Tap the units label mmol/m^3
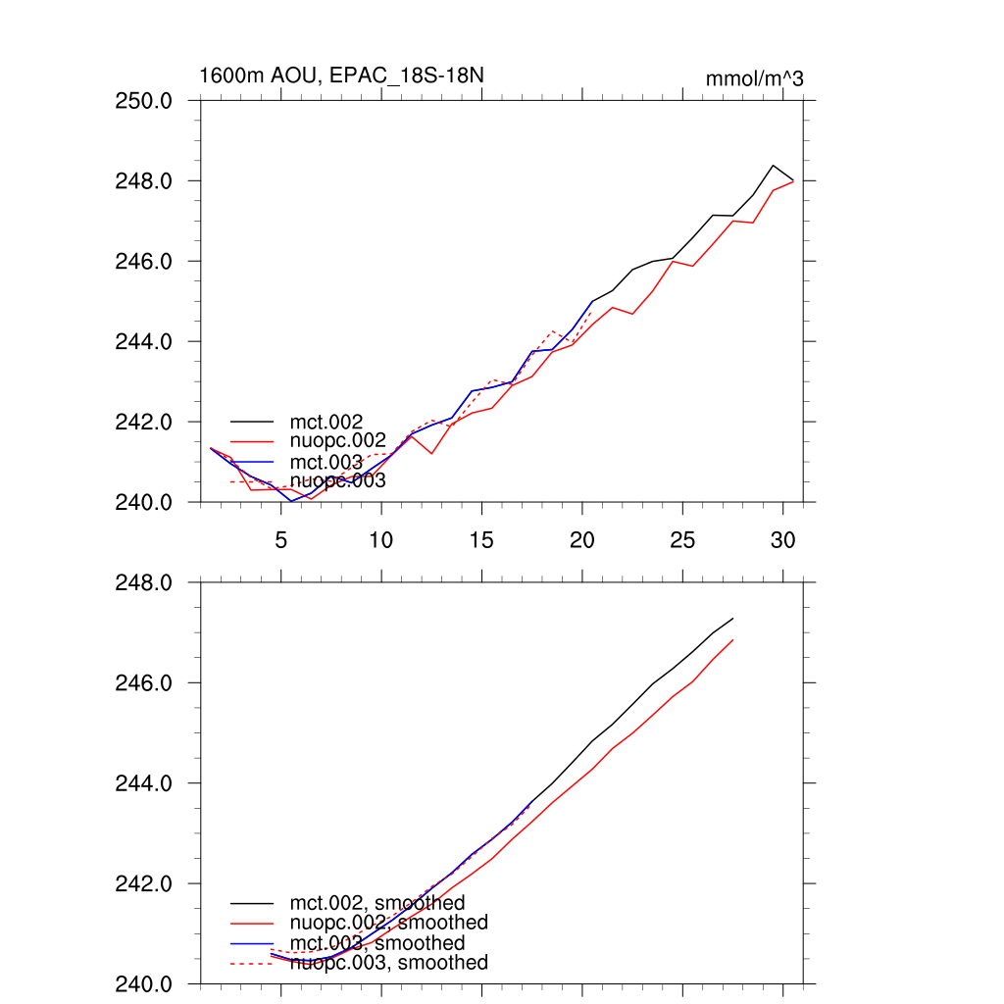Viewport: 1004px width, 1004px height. point(754,78)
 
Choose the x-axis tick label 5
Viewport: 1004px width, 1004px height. point(280,540)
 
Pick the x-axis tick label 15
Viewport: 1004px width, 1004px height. point(481,540)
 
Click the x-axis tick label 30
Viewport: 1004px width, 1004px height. point(782,540)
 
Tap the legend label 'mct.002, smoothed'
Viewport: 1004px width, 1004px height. point(376,903)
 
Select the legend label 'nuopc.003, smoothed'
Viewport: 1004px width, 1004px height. point(388,963)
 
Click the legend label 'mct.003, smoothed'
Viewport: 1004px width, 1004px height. point(376,943)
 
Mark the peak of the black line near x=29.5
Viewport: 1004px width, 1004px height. point(773,166)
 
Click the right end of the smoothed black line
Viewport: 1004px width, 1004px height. point(733,619)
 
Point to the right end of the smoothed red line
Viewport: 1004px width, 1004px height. point(733,640)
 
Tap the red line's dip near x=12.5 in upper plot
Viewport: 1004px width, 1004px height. point(431,453)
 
